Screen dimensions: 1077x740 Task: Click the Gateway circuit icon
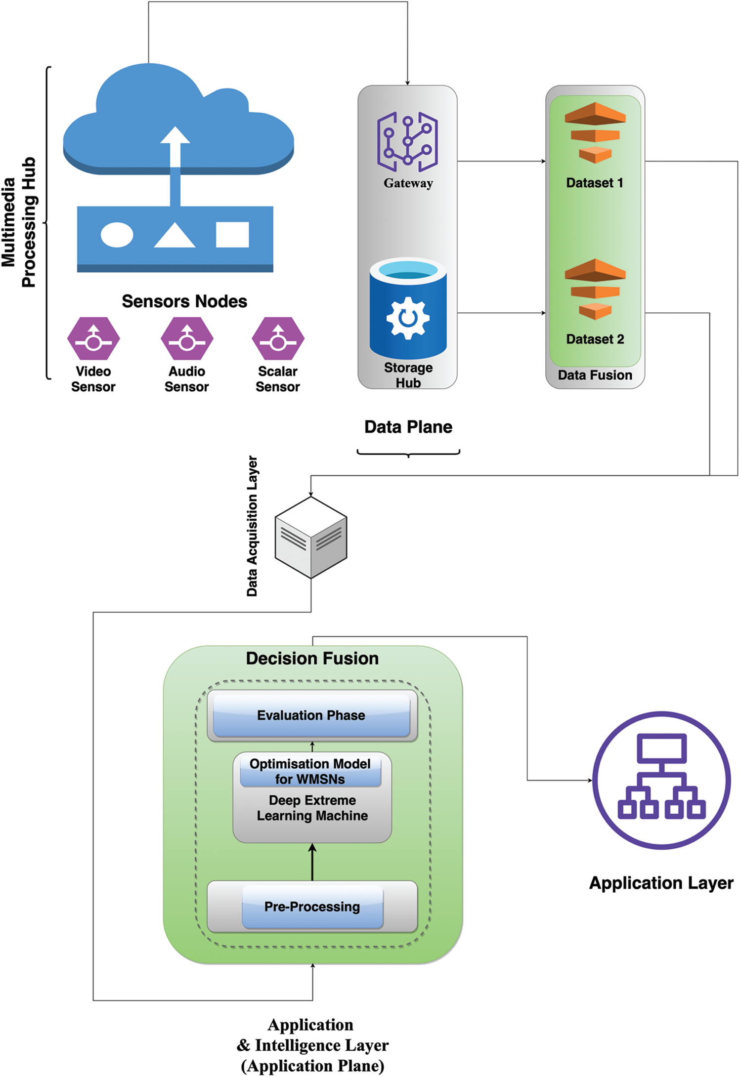pos(407,141)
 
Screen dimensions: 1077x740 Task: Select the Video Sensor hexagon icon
pos(93,339)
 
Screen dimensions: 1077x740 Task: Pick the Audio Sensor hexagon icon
pos(187,339)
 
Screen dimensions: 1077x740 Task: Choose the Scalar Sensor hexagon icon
pos(278,339)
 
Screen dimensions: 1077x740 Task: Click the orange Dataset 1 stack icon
pos(595,132)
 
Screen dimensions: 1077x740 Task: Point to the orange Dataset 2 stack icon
pos(595,289)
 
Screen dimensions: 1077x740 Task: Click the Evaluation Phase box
pos(311,715)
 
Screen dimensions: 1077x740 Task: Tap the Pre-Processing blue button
pos(312,907)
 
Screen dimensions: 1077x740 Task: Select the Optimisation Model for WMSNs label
pos(310,771)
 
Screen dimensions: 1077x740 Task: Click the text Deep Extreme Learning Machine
pos(312,808)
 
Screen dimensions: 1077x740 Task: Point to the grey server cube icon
pos(311,538)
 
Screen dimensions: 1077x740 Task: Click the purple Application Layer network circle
pos(661,781)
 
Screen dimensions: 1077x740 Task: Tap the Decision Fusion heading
pos(312,659)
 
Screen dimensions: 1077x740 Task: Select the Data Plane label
pos(408,427)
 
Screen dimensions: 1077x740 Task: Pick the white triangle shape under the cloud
pos(174,236)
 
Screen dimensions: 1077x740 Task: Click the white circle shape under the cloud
pos(117,235)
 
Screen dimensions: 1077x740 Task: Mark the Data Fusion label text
pos(595,375)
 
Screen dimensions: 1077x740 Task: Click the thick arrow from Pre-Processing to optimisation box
pos(312,862)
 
